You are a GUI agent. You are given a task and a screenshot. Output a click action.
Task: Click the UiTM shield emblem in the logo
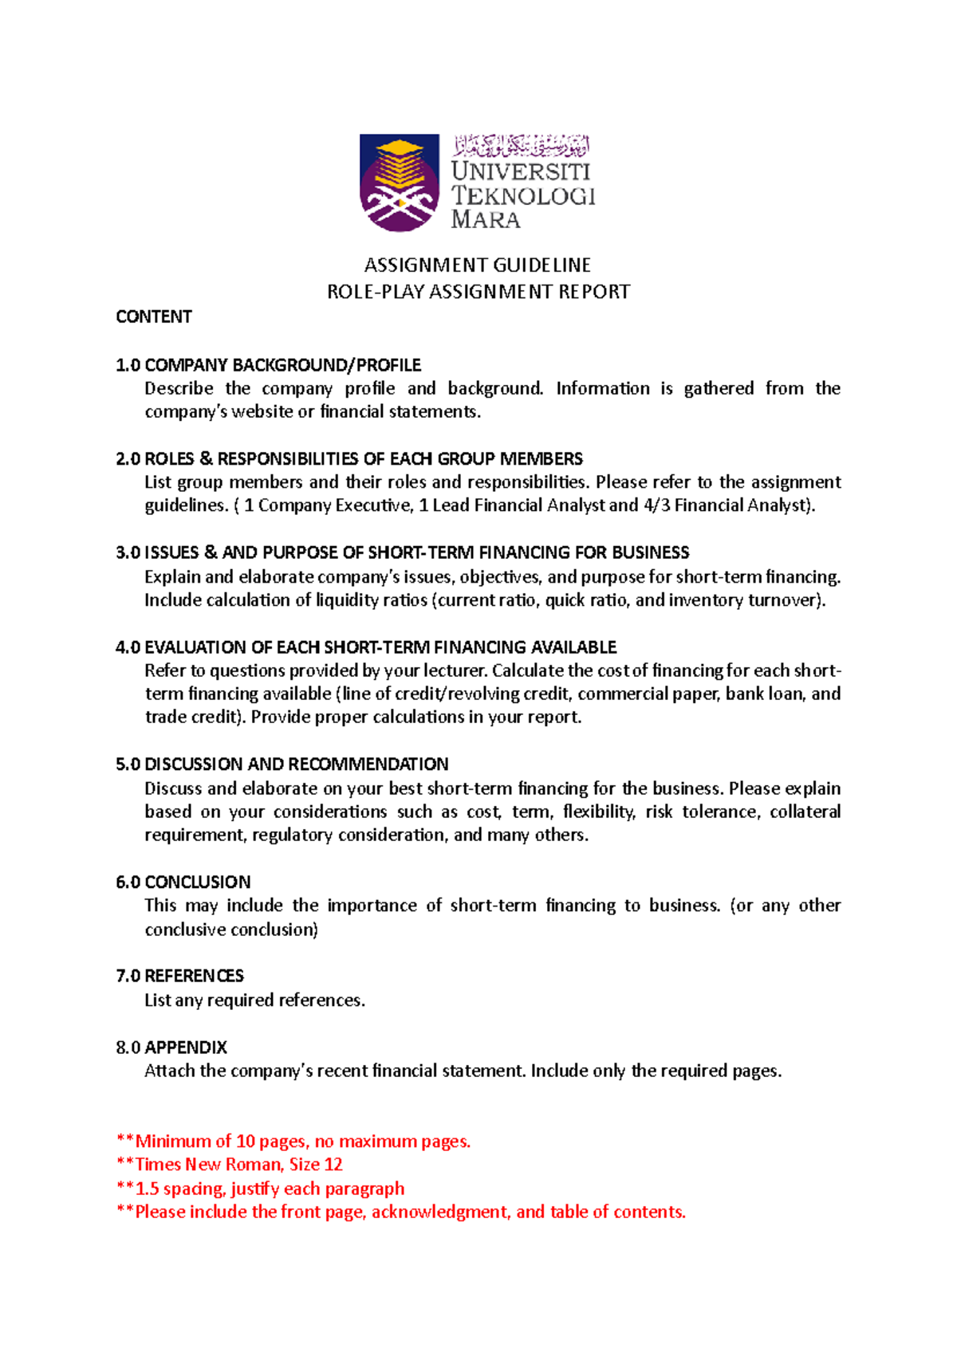[x=399, y=183]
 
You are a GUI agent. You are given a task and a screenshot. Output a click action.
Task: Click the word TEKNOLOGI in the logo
[x=523, y=195]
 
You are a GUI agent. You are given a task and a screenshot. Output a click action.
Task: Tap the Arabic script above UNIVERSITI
[x=522, y=146]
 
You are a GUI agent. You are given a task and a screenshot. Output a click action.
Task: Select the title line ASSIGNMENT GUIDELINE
[x=478, y=265]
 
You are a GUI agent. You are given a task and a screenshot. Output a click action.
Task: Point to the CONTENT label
[x=154, y=316]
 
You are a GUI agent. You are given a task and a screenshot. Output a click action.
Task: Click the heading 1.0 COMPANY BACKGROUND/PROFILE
[x=268, y=365]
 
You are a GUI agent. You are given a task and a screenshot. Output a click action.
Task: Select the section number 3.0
[x=128, y=552]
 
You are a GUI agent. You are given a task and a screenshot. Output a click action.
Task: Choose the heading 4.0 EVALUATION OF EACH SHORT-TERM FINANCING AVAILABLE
[x=366, y=647]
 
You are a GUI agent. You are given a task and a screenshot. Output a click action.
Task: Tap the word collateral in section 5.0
[x=805, y=812]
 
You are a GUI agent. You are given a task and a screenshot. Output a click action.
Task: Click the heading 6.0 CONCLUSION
[x=183, y=882]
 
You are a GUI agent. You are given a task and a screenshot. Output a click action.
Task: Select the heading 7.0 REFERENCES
[x=180, y=976]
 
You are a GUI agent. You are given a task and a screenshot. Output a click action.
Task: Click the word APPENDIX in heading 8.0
[x=186, y=1047]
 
